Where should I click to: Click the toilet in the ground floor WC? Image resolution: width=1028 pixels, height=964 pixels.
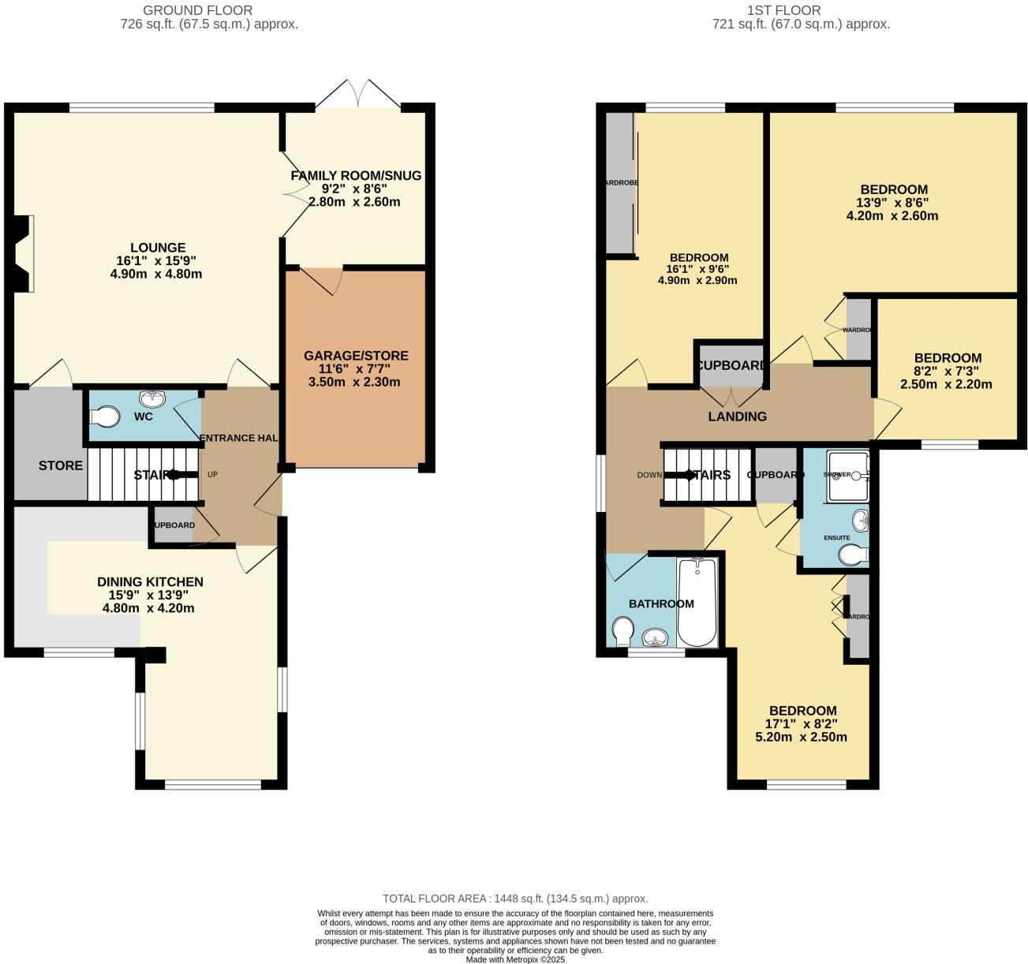click(104, 415)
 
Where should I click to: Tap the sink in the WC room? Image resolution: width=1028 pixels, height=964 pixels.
click(150, 398)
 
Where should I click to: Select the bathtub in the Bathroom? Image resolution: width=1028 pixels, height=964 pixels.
click(697, 603)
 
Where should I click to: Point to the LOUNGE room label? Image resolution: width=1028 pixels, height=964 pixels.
click(158, 248)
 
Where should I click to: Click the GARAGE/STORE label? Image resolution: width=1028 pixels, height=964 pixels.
click(356, 356)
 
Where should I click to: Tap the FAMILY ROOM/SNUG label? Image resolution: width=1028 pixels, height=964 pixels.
click(356, 175)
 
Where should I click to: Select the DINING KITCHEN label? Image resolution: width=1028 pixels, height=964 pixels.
click(150, 582)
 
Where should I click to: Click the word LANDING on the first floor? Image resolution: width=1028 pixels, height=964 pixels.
click(737, 417)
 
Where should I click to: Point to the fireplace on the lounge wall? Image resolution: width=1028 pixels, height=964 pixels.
click(23, 254)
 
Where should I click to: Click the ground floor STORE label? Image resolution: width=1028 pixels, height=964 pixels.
click(61, 465)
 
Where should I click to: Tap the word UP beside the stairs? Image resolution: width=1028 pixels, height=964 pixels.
click(212, 475)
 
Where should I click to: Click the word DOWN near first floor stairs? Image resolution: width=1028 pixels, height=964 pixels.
click(649, 475)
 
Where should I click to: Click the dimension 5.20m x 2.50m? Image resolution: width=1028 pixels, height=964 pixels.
click(801, 737)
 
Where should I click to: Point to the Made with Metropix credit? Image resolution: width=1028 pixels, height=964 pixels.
click(515, 959)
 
